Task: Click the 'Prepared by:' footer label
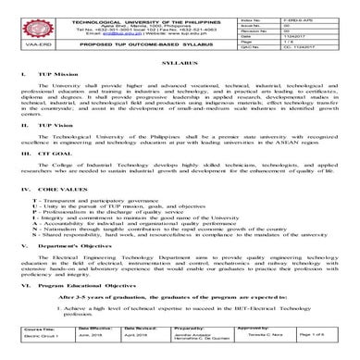click(x=187, y=337)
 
